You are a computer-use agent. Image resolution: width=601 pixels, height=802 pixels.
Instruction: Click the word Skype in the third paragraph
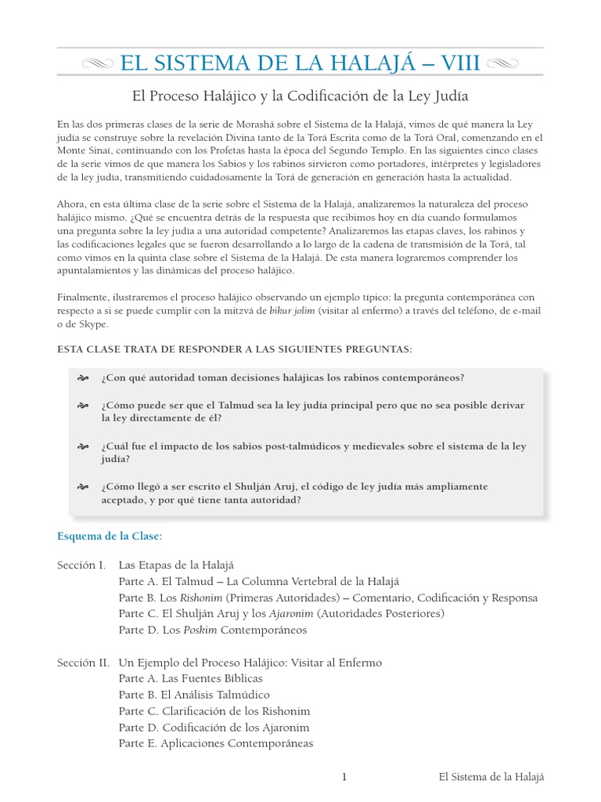[x=94, y=324]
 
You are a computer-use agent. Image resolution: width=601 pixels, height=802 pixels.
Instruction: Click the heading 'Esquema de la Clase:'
[x=110, y=536]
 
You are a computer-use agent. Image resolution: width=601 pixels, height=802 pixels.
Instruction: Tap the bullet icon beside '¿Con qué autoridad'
[x=82, y=378]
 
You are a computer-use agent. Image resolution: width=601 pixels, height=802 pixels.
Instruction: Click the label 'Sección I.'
[x=81, y=565]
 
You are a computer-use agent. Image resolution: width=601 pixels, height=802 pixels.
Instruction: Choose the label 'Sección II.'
[x=83, y=663]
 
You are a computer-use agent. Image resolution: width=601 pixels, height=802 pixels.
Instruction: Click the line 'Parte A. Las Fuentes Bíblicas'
[x=191, y=678]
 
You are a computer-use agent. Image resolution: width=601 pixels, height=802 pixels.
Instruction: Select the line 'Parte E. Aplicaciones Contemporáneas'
[x=216, y=743]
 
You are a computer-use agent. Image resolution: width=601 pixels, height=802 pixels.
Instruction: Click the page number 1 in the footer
[x=343, y=777]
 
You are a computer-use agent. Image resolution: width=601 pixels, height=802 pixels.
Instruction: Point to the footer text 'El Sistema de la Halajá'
[x=491, y=777]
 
